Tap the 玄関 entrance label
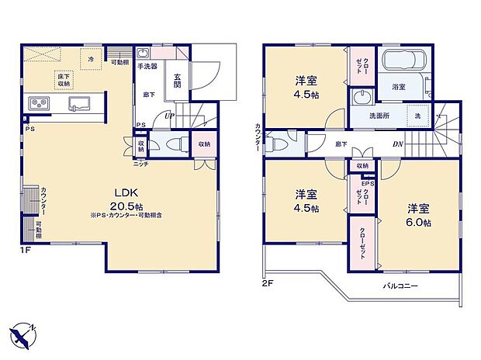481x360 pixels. pyautogui.click(x=178, y=80)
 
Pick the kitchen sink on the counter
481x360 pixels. pyautogui.click(x=80, y=104)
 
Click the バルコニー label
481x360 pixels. pyautogui.click(x=400, y=286)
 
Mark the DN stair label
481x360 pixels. pyautogui.click(x=396, y=144)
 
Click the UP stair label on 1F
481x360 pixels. pyautogui.click(x=168, y=117)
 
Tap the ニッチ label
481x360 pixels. pyautogui.click(x=140, y=164)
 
